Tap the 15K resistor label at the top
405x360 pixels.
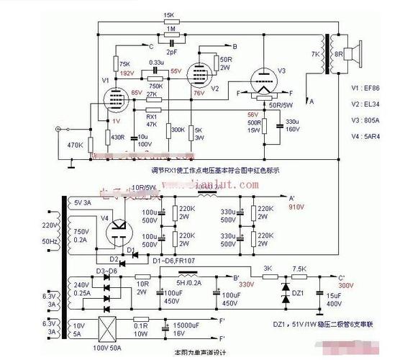(x=169, y=15)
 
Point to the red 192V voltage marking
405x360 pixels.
(x=127, y=73)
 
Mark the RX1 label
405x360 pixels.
(x=152, y=116)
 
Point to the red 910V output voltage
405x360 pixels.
(x=296, y=206)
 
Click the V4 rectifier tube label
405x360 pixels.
(x=104, y=217)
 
